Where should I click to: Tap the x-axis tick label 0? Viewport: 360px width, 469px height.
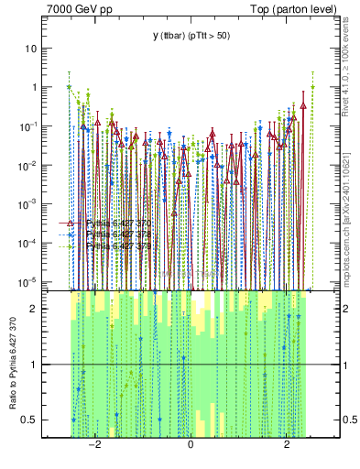191,444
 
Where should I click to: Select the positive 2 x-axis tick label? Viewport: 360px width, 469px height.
287,444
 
